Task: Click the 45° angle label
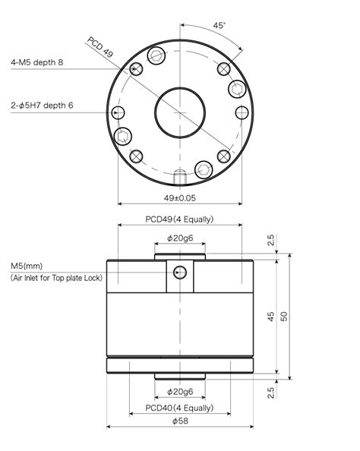pos(219,25)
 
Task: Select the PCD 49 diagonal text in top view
pos(99,52)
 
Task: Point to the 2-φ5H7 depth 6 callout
pos(41,106)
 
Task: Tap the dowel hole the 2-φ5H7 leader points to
pos(117,113)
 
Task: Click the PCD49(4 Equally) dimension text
pos(179,219)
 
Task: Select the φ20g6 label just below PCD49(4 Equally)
pos(179,239)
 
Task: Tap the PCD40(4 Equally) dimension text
pos(179,408)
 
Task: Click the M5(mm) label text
pos(27,266)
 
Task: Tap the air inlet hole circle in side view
pos(179,273)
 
